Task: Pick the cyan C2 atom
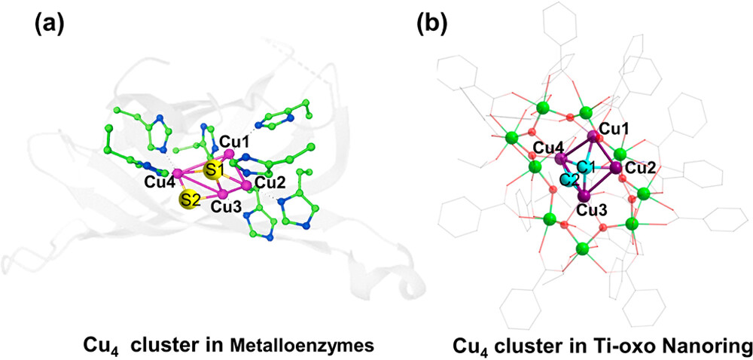point(570,180)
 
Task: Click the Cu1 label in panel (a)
point(233,139)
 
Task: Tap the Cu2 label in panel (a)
point(270,182)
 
